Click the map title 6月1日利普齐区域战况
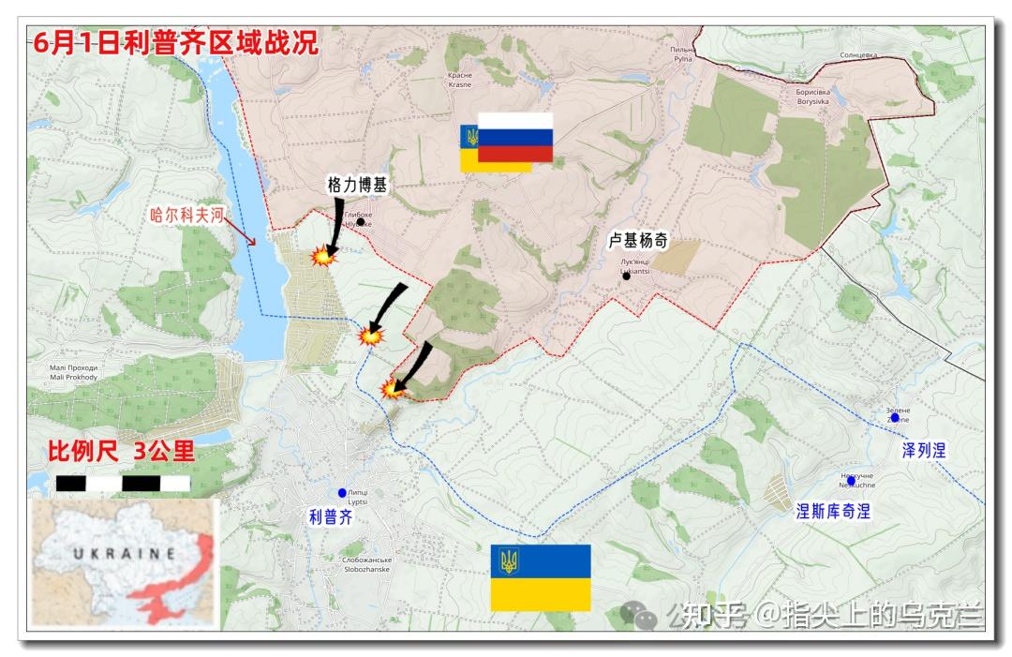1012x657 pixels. pos(174,44)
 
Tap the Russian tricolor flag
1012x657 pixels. pos(515,138)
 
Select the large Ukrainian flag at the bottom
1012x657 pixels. pos(541,577)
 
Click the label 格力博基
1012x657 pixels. pos(356,187)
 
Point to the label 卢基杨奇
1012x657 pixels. pos(637,241)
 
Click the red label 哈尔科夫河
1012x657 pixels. pos(187,215)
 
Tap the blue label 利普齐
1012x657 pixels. pos(330,515)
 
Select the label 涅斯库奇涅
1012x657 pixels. pos(833,512)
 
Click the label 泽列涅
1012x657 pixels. pos(923,451)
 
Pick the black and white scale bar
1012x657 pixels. pos(123,484)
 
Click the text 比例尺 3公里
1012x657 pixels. pos(122,452)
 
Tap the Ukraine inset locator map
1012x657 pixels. pos(124,563)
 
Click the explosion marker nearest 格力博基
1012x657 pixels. pos(322,256)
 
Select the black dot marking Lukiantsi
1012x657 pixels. pos(626,276)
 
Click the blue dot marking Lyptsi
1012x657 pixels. pos(342,492)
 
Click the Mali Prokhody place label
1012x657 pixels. pos(73,372)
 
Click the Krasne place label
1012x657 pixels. pos(460,80)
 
